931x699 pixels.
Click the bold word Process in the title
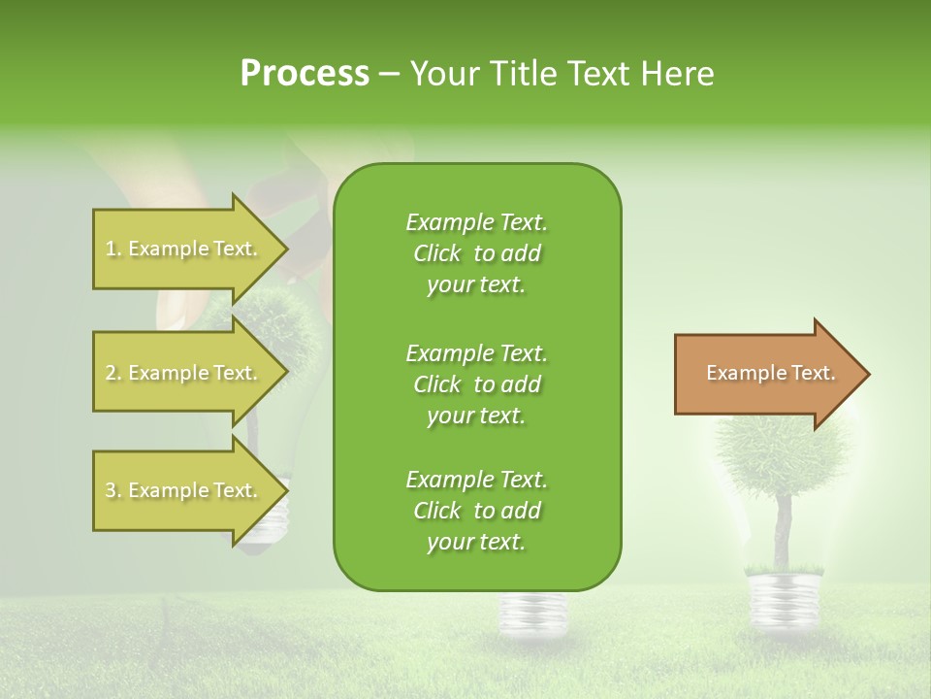(x=305, y=74)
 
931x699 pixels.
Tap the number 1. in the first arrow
(x=113, y=249)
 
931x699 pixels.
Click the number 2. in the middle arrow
(x=113, y=373)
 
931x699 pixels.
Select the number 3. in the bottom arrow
(x=113, y=490)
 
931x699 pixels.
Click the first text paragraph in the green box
(x=476, y=253)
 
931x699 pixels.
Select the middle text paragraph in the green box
(x=476, y=383)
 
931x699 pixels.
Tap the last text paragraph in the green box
(x=476, y=511)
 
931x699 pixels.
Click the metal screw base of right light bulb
(x=783, y=591)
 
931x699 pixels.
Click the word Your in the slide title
(x=444, y=74)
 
